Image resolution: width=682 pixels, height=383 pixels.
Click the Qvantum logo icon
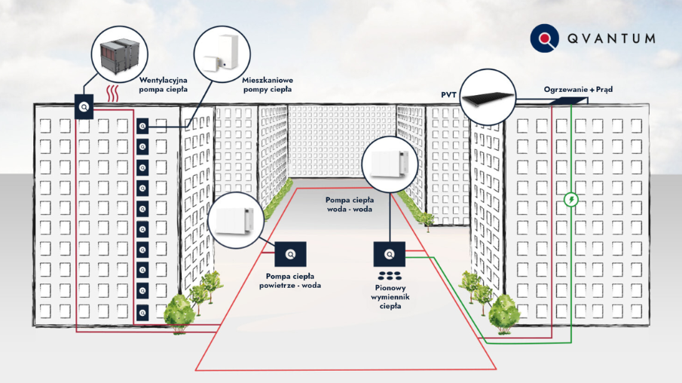(545, 38)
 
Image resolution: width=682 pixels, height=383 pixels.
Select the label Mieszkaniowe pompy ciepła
(268, 84)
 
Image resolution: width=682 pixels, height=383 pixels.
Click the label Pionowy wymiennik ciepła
(390, 296)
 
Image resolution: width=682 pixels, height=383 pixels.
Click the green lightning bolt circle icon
(571, 200)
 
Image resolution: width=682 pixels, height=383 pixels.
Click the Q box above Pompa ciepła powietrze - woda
(291, 253)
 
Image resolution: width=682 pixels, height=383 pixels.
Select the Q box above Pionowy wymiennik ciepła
(389, 253)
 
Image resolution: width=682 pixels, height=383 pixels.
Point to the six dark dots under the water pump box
(389, 274)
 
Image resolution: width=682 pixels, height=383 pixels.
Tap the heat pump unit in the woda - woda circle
(390, 162)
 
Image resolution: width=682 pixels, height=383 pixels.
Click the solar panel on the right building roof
(570, 100)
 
